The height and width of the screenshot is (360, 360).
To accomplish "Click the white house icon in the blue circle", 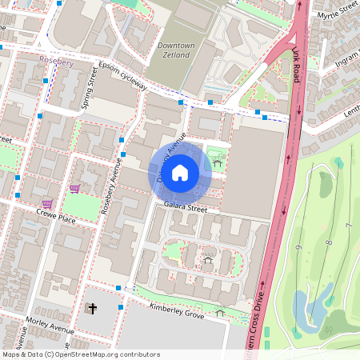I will (180, 172).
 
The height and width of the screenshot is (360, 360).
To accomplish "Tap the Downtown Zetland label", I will (176, 50).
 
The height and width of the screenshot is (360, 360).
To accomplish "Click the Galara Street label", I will (186, 208).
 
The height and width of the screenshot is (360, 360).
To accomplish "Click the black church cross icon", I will (92, 308).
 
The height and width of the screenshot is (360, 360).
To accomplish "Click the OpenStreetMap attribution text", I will (81, 354).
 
